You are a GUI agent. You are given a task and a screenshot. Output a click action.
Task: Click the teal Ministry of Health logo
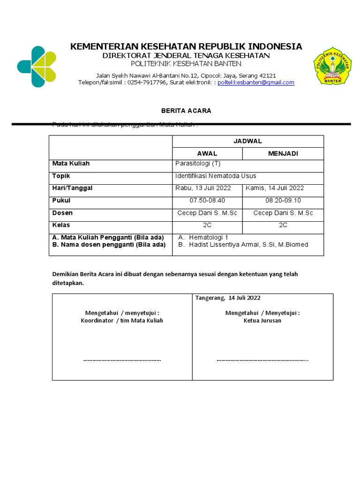(37, 66)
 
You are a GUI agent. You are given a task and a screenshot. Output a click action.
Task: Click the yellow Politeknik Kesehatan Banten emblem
(332, 66)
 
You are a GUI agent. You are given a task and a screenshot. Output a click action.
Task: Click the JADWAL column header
(248, 141)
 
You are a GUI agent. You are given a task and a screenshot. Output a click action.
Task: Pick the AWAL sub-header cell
(207, 154)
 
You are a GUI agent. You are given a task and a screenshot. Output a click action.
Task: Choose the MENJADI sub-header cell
(283, 154)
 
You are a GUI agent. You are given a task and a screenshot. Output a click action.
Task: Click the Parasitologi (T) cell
(197, 164)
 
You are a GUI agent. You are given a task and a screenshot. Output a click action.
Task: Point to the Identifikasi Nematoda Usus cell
(216, 176)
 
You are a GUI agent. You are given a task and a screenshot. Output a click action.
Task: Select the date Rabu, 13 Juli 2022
(203, 188)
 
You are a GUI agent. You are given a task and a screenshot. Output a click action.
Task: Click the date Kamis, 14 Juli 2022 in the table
(275, 188)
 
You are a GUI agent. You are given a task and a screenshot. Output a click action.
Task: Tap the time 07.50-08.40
(207, 201)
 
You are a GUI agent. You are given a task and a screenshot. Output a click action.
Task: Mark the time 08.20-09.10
(283, 201)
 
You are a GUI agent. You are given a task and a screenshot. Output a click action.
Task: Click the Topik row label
(61, 176)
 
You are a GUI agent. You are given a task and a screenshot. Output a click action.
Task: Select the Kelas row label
(61, 225)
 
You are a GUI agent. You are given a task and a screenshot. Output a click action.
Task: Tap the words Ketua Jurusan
(262, 321)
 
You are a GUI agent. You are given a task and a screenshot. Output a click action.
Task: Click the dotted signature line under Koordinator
(122, 360)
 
